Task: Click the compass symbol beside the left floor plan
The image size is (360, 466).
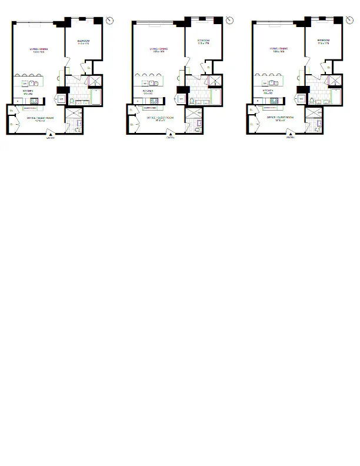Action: pyautogui.click(x=109, y=21)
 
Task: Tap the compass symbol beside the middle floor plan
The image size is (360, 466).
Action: pyautogui.click(x=229, y=21)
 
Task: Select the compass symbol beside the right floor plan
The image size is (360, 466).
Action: pyautogui.click(x=349, y=21)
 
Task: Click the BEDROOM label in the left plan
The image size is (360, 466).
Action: pyautogui.click(x=83, y=42)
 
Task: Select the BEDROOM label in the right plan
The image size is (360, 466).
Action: pyautogui.click(x=322, y=42)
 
